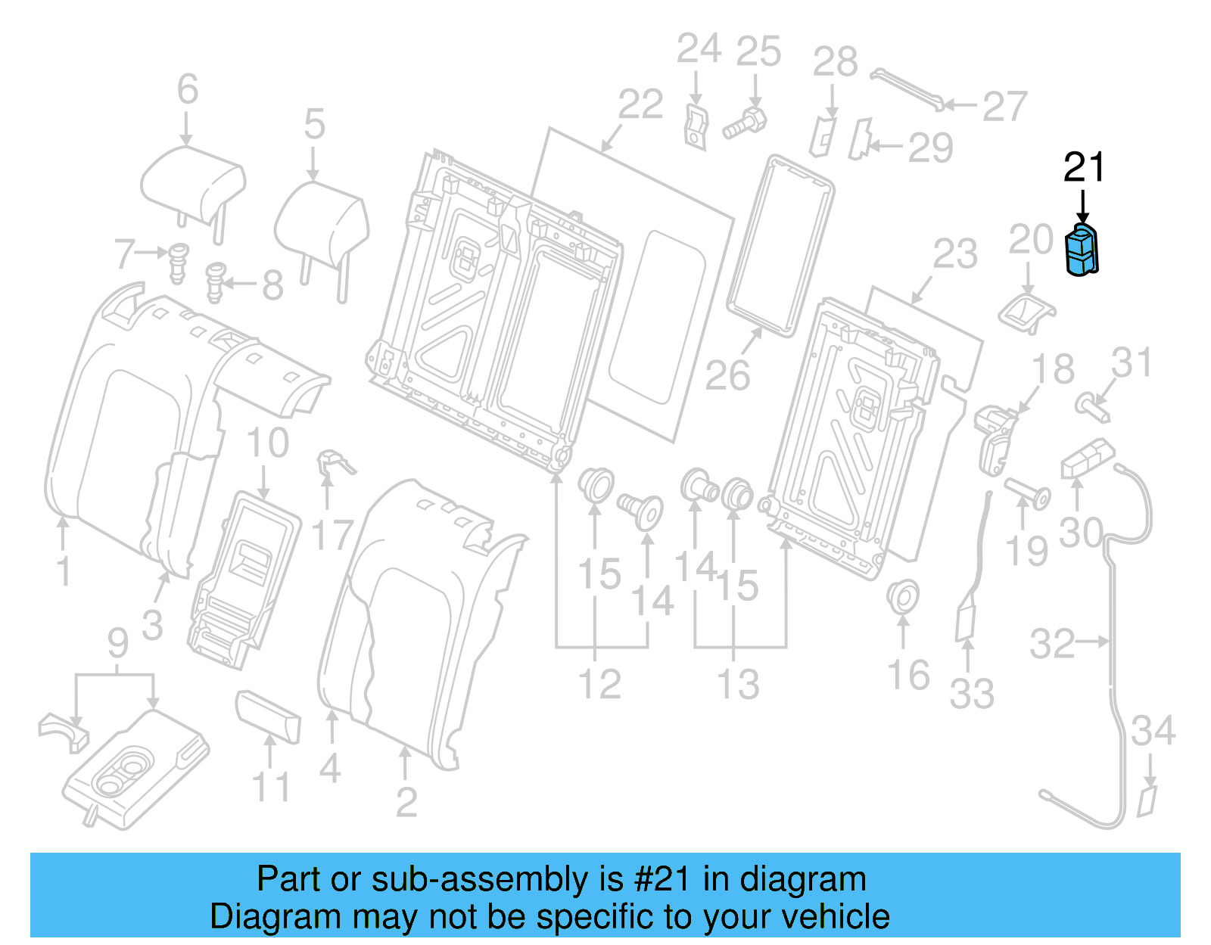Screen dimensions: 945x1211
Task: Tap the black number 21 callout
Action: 1084,167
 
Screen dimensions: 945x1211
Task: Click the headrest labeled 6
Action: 192,185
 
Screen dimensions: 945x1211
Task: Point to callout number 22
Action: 640,104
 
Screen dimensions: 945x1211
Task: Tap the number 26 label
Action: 727,375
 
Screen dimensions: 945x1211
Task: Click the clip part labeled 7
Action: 178,261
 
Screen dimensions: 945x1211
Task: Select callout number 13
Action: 738,684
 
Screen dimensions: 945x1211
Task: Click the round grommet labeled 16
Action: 902,597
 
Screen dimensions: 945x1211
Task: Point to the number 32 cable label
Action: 1051,644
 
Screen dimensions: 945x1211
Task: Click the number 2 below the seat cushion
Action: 406,801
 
